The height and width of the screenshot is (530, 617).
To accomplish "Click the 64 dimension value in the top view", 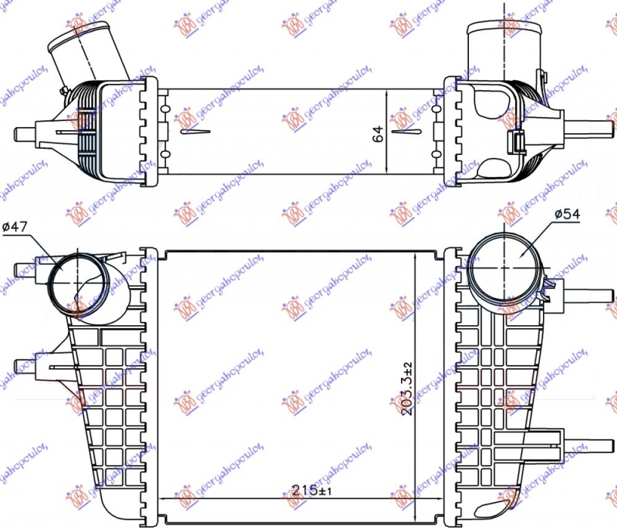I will [378, 132].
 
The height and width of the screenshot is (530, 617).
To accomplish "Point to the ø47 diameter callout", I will [15, 226].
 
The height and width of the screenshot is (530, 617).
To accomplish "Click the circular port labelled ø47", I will [76, 279].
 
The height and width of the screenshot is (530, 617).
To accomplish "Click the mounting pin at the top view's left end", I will [23, 133].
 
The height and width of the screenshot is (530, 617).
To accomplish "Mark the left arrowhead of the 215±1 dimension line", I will [163, 501].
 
